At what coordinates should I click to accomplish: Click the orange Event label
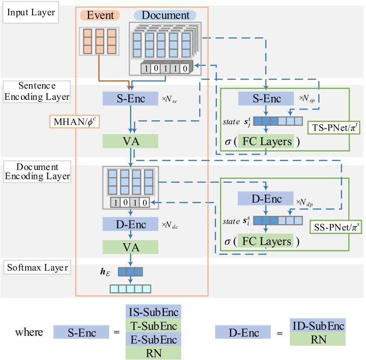[x=100, y=15]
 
